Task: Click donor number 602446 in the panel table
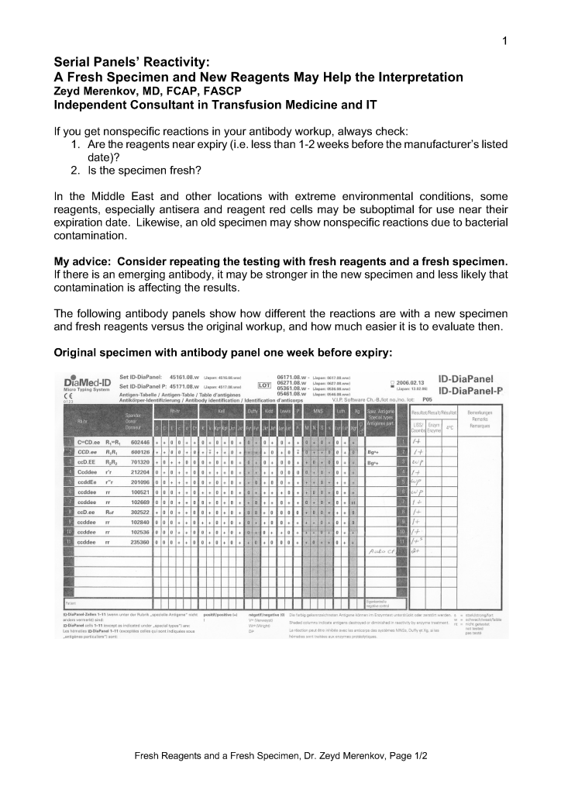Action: pyautogui.click(x=140, y=441)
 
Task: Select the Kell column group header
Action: pyautogui.click(x=219, y=410)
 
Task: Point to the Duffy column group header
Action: pyautogui.click(x=253, y=410)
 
